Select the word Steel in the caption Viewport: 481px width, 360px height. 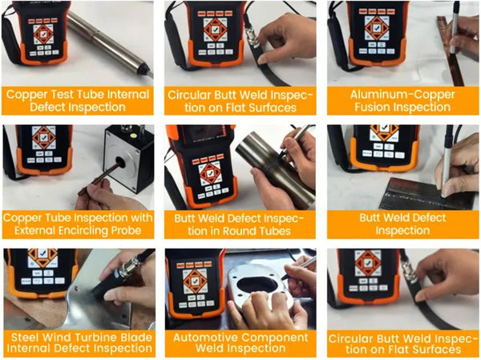[28, 336]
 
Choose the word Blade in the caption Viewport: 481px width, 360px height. [136, 336]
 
